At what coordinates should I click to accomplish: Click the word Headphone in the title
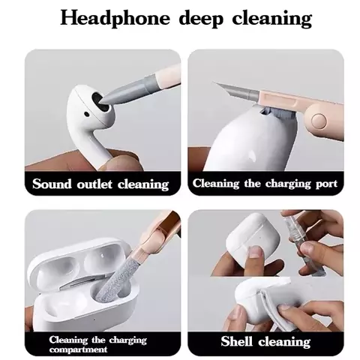(115, 19)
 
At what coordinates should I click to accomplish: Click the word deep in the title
(201, 19)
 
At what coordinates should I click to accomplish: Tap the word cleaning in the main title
(272, 19)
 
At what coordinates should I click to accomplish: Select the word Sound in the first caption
(52, 184)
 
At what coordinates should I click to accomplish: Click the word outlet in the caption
(94, 184)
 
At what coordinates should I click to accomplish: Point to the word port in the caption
(326, 184)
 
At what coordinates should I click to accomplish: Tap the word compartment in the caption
(78, 349)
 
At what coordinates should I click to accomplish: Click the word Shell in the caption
(236, 341)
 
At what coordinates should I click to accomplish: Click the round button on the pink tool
(319, 121)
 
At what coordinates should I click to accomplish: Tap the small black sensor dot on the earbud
(86, 115)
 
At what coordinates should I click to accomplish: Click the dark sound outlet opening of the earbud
(100, 103)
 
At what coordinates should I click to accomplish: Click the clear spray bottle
(301, 243)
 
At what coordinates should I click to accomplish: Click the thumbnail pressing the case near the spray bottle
(256, 251)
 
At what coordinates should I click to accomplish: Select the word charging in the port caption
(288, 184)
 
